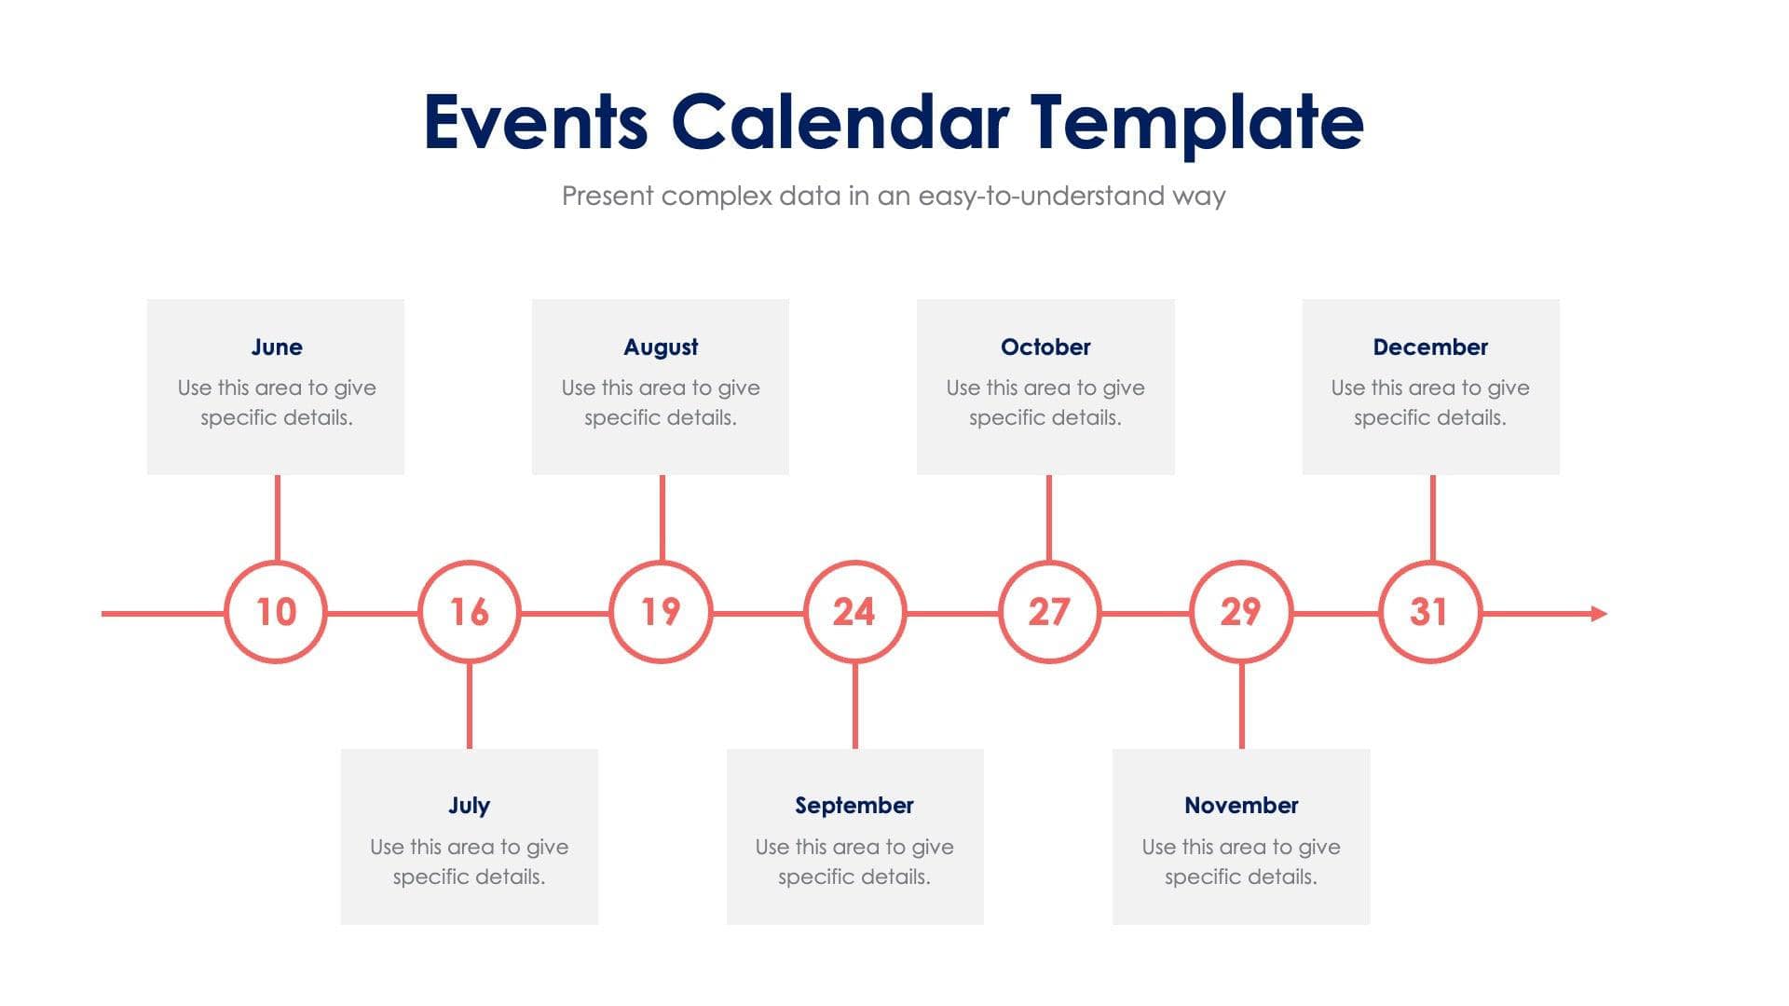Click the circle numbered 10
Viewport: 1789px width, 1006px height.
tap(276, 612)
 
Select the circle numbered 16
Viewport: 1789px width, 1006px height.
tap(469, 612)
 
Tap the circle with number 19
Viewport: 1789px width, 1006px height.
tap(661, 612)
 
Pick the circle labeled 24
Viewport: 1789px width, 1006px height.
tap(854, 612)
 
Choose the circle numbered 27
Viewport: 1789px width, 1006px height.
tap(1049, 612)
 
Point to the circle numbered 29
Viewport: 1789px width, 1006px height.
tap(1241, 612)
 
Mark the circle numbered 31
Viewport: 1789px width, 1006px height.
tap(1429, 612)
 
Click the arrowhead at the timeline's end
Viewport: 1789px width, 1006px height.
tap(1599, 613)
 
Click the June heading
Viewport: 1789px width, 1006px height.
tap(277, 347)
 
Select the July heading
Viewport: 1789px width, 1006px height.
tap(469, 805)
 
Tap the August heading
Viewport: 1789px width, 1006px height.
tap(661, 347)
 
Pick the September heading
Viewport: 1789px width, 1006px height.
tap(854, 805)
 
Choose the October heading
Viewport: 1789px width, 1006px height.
tap(1045, 347)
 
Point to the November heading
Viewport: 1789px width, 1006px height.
tap(1241, 805)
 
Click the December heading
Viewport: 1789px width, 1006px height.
tap(1430, 347)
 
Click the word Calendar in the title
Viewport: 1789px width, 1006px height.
tap(839, 122)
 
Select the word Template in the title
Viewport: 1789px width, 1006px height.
tap(1196, 122)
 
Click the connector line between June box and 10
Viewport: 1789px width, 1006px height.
tap(277, 517)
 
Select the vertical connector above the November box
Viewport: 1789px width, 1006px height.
tap(1241, 706)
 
